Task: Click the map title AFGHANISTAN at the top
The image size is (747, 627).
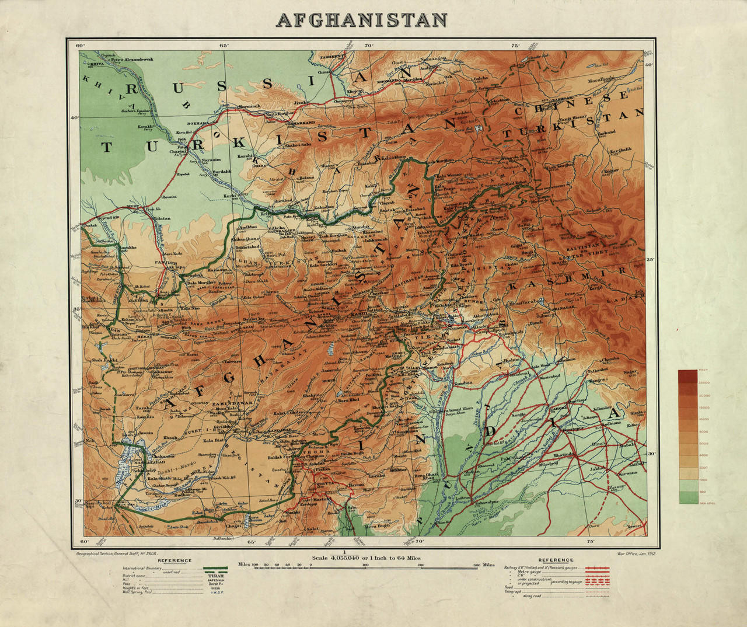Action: click(x=362, y=19)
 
